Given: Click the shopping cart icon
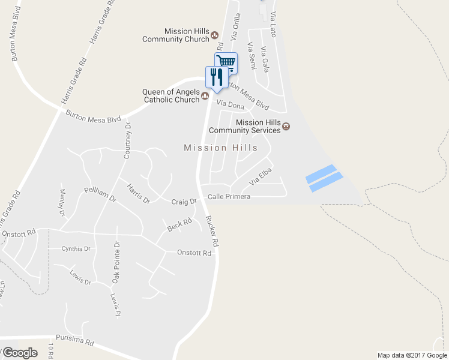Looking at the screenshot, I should click(x=226, y=62).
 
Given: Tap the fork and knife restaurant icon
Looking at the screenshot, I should click(x=216, y=76).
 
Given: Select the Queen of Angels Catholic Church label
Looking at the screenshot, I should click(x=170, y=96).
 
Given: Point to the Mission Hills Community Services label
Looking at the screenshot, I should click(x=244, y=126).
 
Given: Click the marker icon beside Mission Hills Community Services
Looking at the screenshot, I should click(x=286, y=126).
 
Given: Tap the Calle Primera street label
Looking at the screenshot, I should click(x=229, y=197).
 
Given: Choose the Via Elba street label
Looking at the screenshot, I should click(x=261, y=176).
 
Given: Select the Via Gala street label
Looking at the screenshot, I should click(x=264, y=58).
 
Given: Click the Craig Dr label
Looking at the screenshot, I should click(x=184, y=202).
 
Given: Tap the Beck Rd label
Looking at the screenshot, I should click(x=179, y=225).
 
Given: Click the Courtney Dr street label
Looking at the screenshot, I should click(x=127, y=140).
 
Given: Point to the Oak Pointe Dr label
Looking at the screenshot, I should click(x=117, y=262).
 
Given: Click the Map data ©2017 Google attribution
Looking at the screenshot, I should click(x=411, y=355).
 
